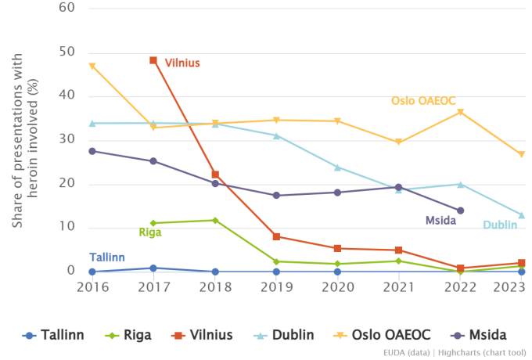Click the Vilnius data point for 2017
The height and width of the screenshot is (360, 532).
[x=153, y=60]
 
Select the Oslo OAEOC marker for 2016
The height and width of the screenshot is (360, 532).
[x=92, y=67]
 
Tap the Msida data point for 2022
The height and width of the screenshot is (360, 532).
[x=460, y=211]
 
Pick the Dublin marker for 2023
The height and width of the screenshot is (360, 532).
[x=521, y=215]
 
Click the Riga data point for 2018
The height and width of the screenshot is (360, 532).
[x=214, y=220]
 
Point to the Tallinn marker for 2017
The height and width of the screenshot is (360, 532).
[x=153, y=268]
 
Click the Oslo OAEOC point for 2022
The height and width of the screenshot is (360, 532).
[x=460, y=112]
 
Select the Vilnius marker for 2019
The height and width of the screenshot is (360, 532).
[x=276, y=236]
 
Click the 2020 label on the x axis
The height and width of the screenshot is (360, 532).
[x=337, y=287]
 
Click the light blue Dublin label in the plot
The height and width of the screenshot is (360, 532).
[x=498, y=225]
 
